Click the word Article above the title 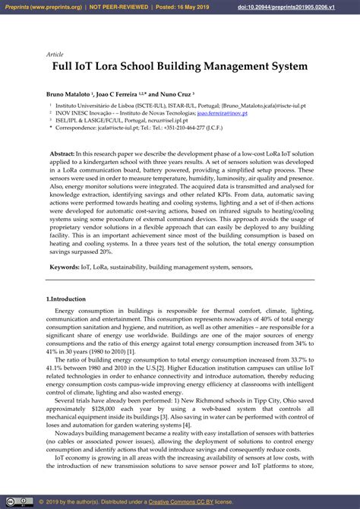(55, 55)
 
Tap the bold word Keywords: (65, 267)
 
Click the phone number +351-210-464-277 (191, 127)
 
